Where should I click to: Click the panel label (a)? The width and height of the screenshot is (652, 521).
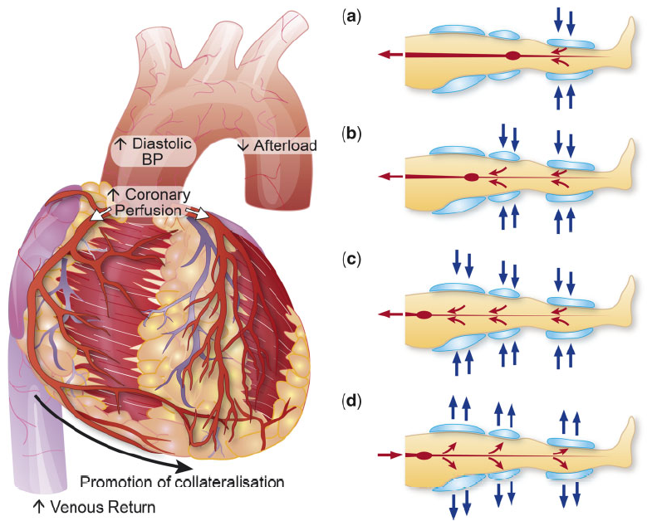pyautogui.click(x=351, y=17)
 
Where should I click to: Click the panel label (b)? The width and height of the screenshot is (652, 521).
pyautogui.click(x=351, y=134)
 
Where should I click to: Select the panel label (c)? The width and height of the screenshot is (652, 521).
pyautogui.click(x=351, y=260)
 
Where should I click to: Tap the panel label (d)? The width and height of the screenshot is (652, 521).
pyautogui.click(x=351, y=401)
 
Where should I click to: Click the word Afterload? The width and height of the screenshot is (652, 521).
pyautogui.click(x=285, y=145)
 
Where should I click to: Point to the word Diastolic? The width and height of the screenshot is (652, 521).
pyautogui.click(x=162, y=144)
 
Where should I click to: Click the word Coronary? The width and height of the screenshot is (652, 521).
pyautogui.click(x=158, y=194)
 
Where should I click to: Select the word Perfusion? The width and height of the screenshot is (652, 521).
pyautogui.click(x=148, y=210)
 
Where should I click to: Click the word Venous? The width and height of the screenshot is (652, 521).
pyautogui.click(x=76, y=507)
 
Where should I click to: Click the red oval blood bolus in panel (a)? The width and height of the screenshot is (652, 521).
pyautogui.click(x=513, y=56)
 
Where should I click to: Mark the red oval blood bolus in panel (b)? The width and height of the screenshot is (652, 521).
pyautogui.click(x=471, y=178)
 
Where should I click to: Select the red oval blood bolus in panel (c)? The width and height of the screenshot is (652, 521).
pyautogui.click(x=424, y=315)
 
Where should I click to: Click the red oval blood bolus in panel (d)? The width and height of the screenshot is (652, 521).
pyautogui.click(x=424, y=455)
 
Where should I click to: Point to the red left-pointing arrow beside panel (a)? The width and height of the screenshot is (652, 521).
pyautogui.click(x=391, y=55)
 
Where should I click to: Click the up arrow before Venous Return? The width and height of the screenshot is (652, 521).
pyautogui.click(x=39, y=507)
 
